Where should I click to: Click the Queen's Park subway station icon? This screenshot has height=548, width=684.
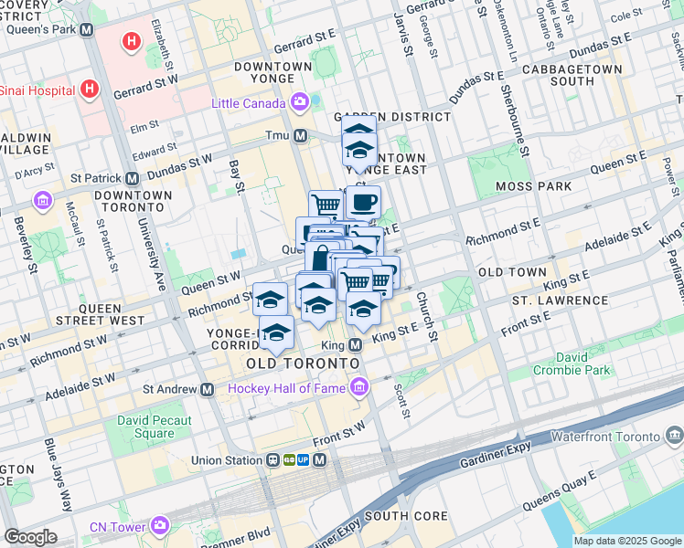pyautogui.click(x=87, y=29)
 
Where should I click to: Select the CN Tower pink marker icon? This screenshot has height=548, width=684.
pyautogui.click(x=161, y=525)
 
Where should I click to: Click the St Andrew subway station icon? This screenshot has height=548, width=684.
pyautogui.click(x=208, y=389)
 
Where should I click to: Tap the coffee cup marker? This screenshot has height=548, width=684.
pyautogui.click(x=363, y=202)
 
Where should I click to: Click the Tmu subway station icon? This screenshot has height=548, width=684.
pyautogui.click(x=300, y=136)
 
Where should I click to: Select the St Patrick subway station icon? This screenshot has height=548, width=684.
pyautogui.click(x=132, y=178)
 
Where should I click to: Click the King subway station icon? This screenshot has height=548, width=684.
pyautogui.click(x=356, y=345)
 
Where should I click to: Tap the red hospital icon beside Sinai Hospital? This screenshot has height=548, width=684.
pyautogui.click(x=89, y=90)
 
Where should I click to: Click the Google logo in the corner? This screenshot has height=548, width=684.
pyautogui.click(x=30, y=537)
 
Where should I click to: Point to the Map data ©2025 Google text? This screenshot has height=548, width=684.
pyautogui.click(x=627, y=541)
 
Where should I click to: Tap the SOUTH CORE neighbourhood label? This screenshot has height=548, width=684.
pyautogui.click(x=405, y=516)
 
